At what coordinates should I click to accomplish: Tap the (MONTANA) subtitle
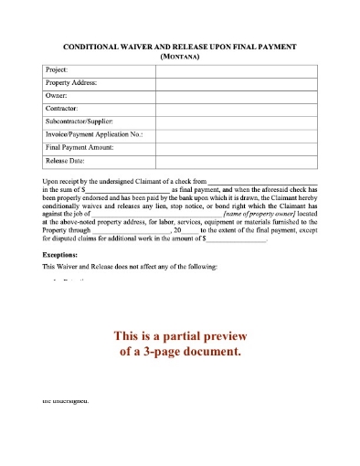tap(179, 56)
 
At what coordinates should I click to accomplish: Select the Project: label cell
tap(57, 69)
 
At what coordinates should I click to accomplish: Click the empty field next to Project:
tap(236, 69)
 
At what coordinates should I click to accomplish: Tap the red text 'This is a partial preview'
tap(179, 334)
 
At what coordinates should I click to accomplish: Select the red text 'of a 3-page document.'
tap(179, 351)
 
